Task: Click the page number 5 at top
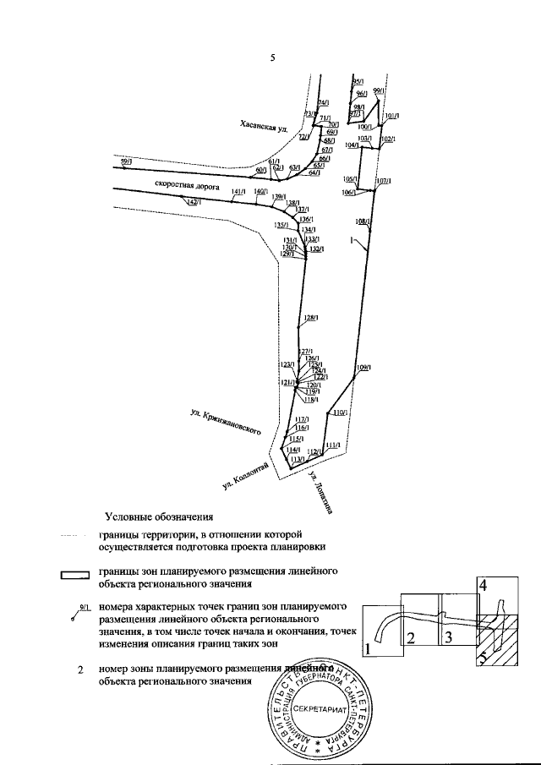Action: [x=271, y=57]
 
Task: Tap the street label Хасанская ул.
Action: [x=263, y=127]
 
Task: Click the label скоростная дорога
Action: [x=187, y=183]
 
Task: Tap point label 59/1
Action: [x=126, y=161]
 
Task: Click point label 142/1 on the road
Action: [x=192, y=202]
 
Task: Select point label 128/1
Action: [x=310, y=318]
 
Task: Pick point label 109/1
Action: [x=364, y=368]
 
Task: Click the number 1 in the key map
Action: [x=369, y=649]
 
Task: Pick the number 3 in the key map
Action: [x=451, y=637]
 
